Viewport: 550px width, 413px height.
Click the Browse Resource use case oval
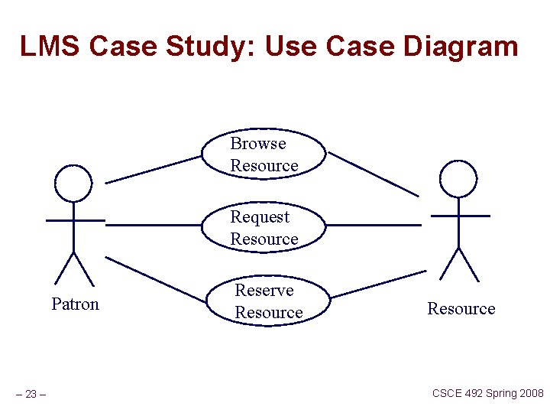[x=264, y=154]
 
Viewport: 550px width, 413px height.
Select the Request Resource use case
[x=264, y=228]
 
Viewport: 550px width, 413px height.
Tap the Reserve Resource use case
[x=268, y=301]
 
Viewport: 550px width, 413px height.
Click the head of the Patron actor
[x=73, y=183]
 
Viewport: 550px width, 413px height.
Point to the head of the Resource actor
[x=458, y=180]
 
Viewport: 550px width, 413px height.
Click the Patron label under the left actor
[x=75, y=304]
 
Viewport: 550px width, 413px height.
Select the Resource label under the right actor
[x=461, y=309]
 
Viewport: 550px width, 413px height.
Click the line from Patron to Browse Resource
[x=153, y=170]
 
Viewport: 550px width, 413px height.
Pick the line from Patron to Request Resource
[x=153, y=225]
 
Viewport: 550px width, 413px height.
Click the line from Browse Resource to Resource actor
[x=374, y=174]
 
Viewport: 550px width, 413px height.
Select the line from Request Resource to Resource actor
[x=374, y=225]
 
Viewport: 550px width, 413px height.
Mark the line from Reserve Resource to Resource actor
[x=378, y=284]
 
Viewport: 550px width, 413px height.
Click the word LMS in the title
[x=50, y=47]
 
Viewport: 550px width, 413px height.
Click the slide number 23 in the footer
[x=31, y=395]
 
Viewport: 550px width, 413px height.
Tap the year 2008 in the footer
[x=529, y=393]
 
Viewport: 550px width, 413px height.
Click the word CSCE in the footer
[x=447, y=393]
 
